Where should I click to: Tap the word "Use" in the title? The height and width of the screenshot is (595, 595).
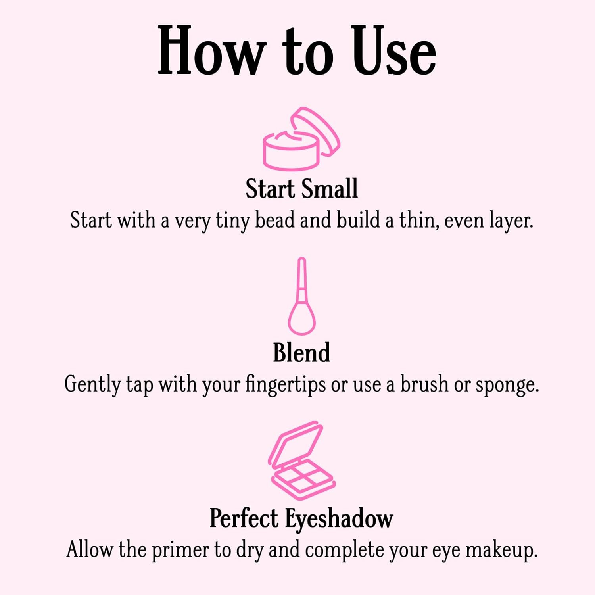pos(394,51)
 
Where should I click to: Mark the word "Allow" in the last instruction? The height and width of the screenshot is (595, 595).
pos(89,550)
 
